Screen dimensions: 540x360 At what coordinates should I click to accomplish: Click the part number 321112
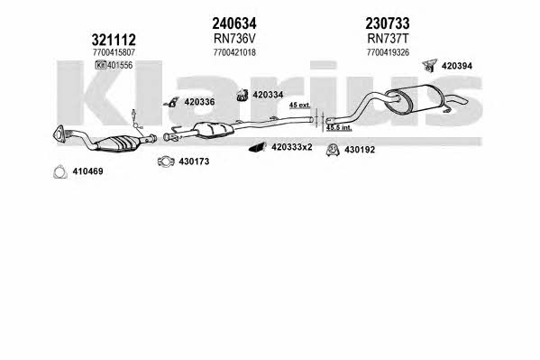pos(114,40)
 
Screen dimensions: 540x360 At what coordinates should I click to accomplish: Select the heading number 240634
pos(234,23)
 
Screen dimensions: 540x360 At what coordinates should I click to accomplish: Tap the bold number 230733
pos(388,23)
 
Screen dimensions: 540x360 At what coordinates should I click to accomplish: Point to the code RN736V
pos(234,39)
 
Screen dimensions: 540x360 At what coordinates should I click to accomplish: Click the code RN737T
pos(388,39)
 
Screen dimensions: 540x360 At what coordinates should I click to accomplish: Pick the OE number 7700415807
pos(114,52)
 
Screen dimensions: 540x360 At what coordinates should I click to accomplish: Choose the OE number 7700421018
pos(234,52)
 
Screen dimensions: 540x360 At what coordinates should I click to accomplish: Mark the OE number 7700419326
pos(388,52)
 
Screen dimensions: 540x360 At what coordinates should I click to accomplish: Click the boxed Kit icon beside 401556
pos(101,65)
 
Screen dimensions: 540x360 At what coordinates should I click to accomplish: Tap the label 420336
pos(199,102)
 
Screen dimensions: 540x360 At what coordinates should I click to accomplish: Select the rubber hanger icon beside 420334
pos(243,95)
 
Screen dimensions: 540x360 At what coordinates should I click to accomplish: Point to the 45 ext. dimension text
pos(299,106)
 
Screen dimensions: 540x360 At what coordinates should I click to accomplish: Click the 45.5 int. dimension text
pos(339,128)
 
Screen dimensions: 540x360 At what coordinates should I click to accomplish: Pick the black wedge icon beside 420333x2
pos(257,147)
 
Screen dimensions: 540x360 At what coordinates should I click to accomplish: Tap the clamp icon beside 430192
pos(333,150)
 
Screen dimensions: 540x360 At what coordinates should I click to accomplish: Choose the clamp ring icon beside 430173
pos(166,162)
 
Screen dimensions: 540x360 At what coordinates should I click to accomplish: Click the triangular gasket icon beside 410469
pos(59,172)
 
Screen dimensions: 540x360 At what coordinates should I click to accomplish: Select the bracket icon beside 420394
pos(429,66)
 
